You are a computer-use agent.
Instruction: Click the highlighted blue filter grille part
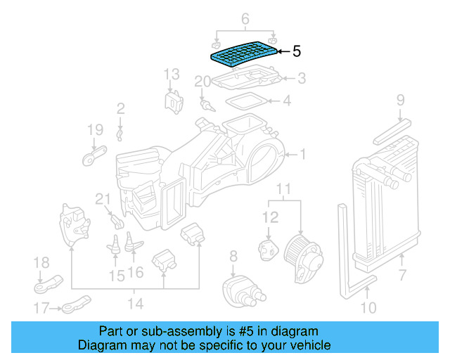pyautogui.click(x=243, y=53)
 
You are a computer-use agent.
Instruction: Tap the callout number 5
pyautogui.click(x=296, y=51)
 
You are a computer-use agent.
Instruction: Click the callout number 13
pyautogui.click(x=172, y=75)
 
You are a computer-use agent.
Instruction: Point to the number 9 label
pyautogui.click(x=399, y=100)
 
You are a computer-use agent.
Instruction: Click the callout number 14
pyautogui.click(x=135, y=303)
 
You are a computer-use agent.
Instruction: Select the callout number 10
pyautogui.click(x=368, y=307)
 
